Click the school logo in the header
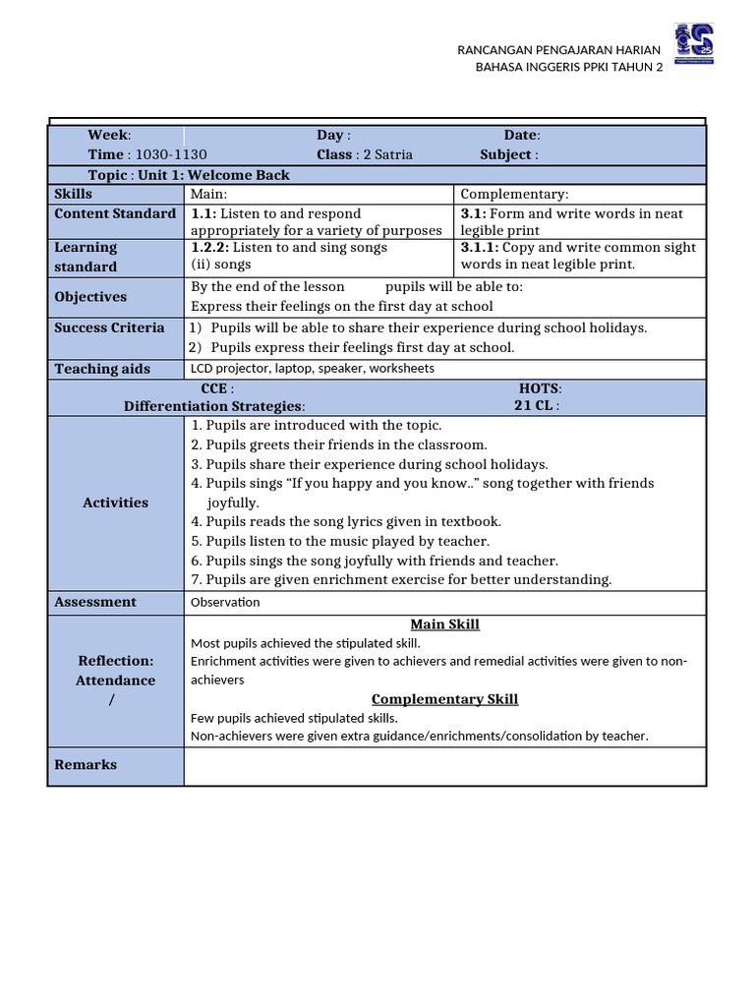(694, 45)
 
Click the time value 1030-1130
(171, 154)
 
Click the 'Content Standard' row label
(115, 213)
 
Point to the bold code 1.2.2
(209, 248)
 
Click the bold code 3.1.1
(480, 248)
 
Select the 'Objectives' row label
(90, 297)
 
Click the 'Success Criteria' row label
(109, 327)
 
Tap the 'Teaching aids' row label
(102, 369)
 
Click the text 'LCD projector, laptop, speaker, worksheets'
(313, 369)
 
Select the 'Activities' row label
(115, 503)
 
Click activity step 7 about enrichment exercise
(401, 579)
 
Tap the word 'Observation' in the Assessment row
(225, 602)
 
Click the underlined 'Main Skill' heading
(444, 624)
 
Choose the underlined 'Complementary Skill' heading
(444, 699)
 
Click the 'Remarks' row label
(86, 765)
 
